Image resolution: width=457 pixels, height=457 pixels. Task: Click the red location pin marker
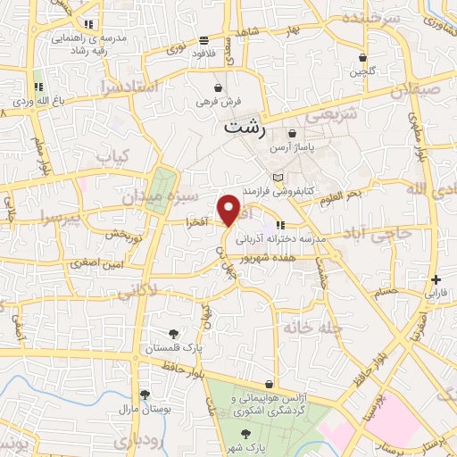click(229, 210)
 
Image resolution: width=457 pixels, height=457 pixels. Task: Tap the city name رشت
click(245, 128)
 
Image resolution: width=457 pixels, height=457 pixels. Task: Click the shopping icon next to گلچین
click(361, 55)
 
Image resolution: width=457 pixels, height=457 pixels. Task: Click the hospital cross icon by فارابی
click(436, 279)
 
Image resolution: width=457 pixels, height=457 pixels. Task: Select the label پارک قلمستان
click(174, 348)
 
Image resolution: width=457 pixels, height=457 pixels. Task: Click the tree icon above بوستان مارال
click(144, 394)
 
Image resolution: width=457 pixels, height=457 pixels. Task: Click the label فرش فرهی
click(218, 101)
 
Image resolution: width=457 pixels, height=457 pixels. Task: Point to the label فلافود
click(206, 53)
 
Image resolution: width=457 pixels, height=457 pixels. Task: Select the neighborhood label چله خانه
click(313, 328)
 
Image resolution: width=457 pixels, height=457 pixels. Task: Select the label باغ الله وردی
click(37, 100)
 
